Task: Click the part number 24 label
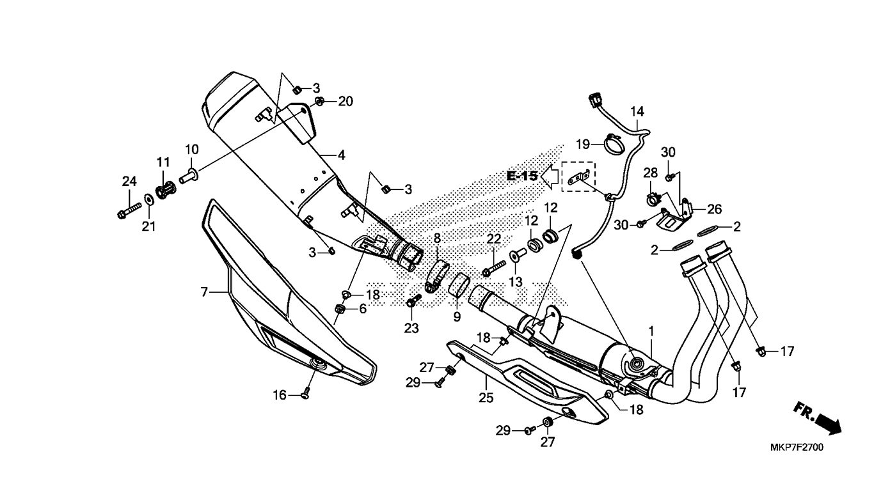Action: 129,182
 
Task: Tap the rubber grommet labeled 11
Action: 164,190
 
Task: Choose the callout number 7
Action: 204,292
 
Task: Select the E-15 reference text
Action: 522,176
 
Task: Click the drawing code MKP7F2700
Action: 797,447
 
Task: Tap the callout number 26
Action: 715,208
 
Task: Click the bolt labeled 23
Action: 413,301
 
